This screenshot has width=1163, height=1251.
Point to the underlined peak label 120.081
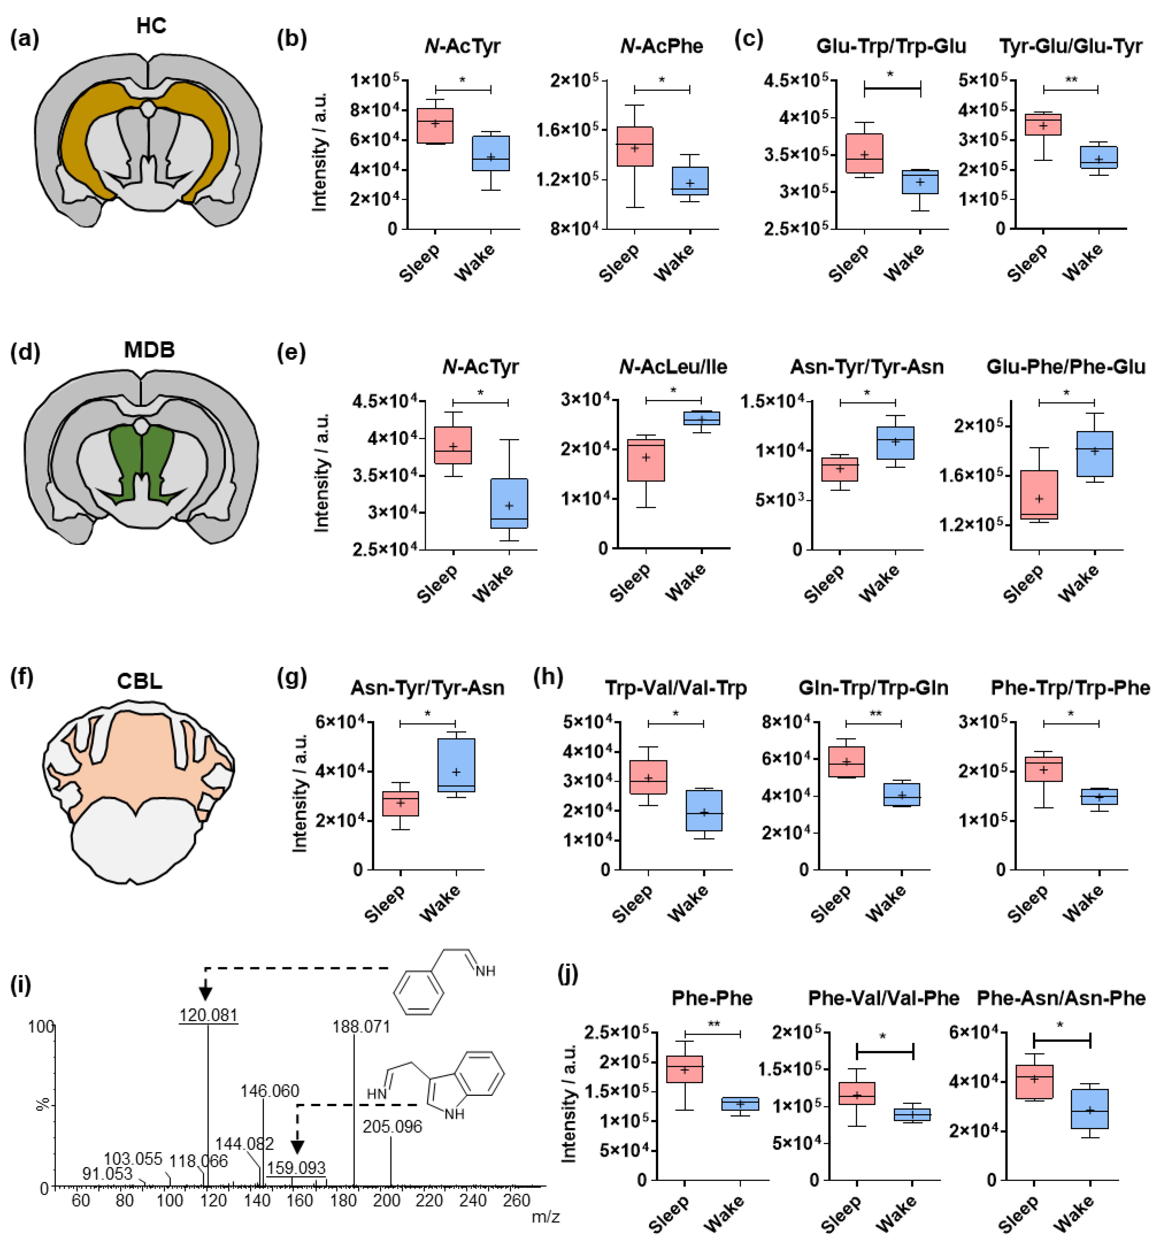click(x=208, y=1015)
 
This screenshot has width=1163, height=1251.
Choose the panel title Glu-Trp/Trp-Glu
click(x=891, y=47)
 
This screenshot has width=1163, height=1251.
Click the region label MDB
click(x=149, y=350)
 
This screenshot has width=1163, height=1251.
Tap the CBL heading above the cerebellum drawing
click(x=140, y=681)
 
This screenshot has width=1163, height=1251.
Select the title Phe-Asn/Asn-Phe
click(x=1061, y=998)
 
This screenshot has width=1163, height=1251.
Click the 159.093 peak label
click(x=296, y=1168)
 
